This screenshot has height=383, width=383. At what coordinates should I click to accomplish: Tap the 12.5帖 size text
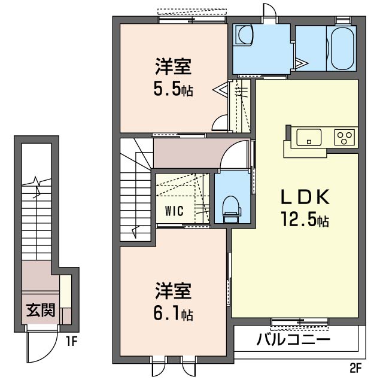click(306, 220)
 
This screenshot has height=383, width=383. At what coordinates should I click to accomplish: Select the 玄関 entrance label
click(40, 310)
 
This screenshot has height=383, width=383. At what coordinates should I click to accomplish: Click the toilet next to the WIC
click(230, 206)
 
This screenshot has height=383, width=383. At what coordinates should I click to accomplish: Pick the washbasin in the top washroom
click(244, 36)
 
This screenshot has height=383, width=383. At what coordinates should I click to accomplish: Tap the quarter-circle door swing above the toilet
click(236, 156)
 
